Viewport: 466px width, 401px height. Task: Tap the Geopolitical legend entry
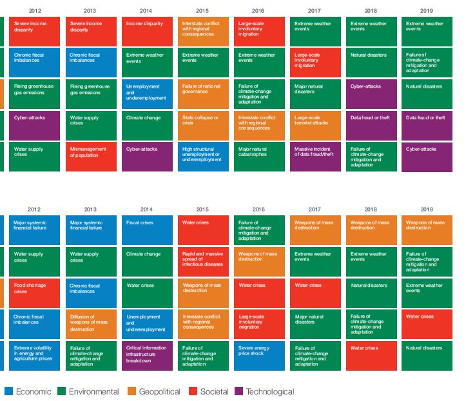(154, 391)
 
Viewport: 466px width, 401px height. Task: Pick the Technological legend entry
(264, 391)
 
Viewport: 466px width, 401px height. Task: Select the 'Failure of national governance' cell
(203, 93)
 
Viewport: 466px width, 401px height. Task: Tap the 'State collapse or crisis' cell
(203, 125)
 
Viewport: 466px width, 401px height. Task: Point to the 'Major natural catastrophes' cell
(259, 157)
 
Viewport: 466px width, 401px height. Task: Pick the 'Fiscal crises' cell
(147, 230)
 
